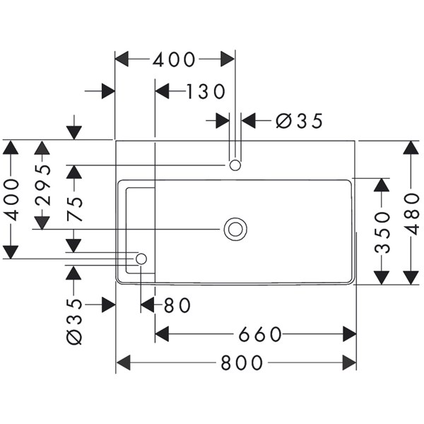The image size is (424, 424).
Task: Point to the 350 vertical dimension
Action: [x=382, y=230]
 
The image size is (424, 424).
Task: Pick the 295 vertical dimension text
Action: [x=42, y=184]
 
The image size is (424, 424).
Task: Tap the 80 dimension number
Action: [x=177, y=305]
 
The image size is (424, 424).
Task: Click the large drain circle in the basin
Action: [x=235, y=228]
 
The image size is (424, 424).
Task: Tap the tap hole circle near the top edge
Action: [x=235, y=165]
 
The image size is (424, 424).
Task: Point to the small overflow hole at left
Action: [x=141, y=259]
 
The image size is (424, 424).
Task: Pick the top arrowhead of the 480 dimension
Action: [x=413, y=148]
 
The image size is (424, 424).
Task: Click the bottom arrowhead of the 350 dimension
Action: [x=382, y=276]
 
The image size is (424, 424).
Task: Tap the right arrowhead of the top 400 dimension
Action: [x=228, y=59]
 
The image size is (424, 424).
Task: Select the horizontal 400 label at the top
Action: [x=174, y=59]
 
